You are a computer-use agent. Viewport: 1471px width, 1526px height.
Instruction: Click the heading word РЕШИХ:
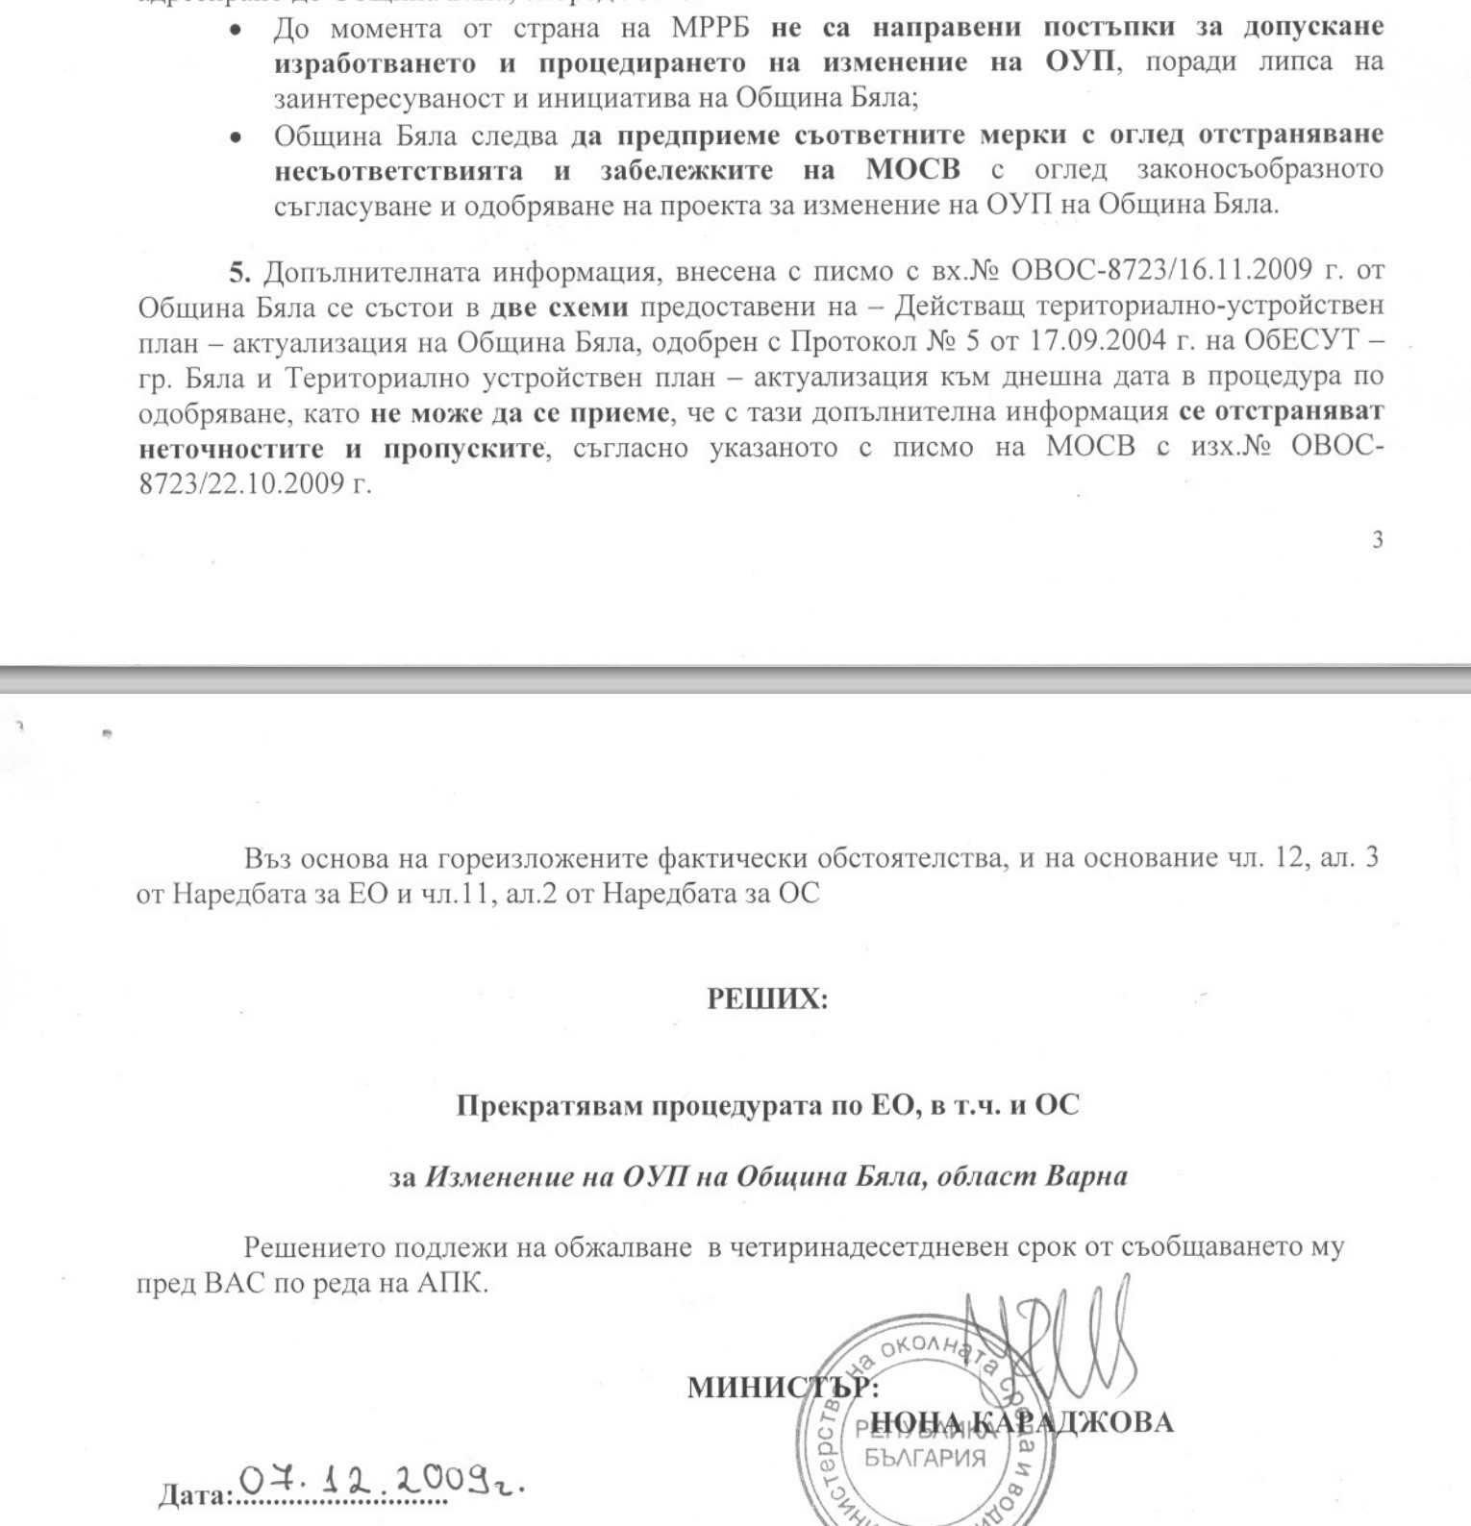point(767,999)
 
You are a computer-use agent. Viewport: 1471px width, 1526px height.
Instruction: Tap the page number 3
point(1378,540)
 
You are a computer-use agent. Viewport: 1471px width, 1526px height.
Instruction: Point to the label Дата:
point(195,1496)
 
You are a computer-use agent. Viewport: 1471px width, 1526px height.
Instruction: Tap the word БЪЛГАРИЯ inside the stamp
point(924,1458)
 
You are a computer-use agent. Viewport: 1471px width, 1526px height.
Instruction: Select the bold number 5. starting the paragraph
point(239,272)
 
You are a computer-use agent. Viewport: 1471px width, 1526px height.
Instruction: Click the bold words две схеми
point(559,308)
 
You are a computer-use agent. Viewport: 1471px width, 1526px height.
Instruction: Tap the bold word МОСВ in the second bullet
point(912,170)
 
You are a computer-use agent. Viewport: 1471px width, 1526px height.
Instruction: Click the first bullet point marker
point(236,30)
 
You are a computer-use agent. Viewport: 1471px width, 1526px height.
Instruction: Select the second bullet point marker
point(236,137)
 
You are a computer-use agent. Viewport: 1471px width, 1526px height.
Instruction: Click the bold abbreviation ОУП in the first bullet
point(1080,63)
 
